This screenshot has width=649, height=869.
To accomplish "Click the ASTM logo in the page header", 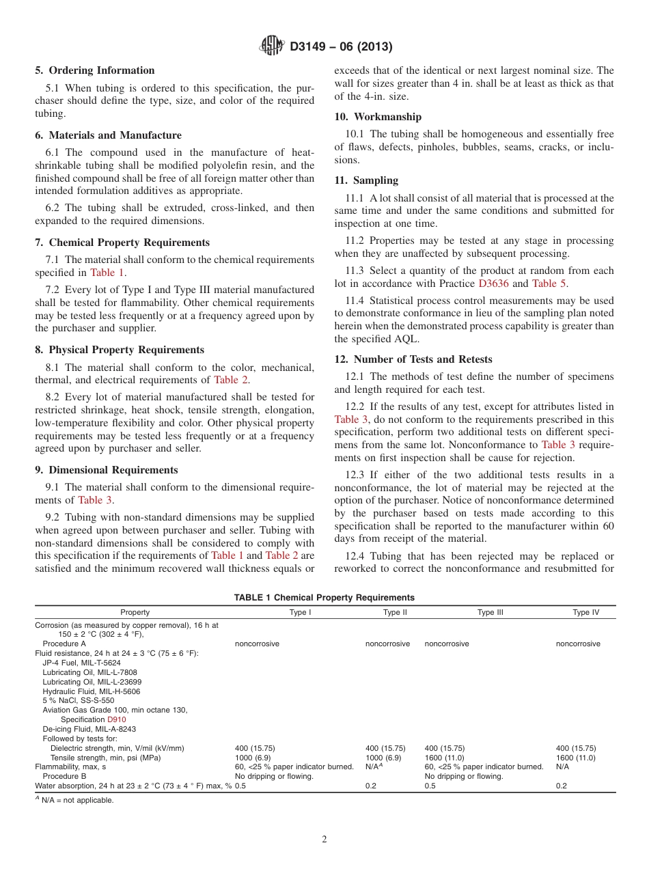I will coord(272,46).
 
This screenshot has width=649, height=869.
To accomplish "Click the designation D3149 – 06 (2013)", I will coord(340,47).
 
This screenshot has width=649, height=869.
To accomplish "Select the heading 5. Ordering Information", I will coord(95,70).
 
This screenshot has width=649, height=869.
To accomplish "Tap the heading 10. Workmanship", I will coord(378,117).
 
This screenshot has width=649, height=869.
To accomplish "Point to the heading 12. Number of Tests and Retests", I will coord(413,359).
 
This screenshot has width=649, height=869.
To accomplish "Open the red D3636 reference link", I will coord(494,284).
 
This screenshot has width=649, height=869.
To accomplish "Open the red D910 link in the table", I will coord(116,719).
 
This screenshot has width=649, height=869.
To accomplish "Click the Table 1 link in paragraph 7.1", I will coord(107,273).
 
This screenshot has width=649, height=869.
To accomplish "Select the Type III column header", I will coord(490,612).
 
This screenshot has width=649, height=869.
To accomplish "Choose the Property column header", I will coord(135,612).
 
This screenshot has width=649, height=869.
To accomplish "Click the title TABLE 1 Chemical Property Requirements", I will coord(324,597).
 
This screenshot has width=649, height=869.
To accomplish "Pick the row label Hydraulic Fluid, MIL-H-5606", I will coord(92,691).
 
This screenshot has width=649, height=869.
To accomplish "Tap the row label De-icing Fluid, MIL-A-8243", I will coord(89,729).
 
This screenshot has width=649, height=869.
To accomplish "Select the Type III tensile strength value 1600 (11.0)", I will coord(444,758).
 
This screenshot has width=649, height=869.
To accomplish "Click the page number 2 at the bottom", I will coord(324,840).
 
